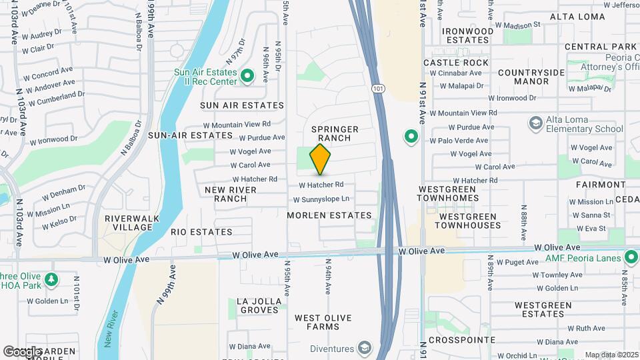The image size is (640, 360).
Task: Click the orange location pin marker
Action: (320, 159)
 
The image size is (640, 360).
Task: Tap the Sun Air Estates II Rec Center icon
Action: (247, 77)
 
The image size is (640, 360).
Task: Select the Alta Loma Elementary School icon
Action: (535, 123)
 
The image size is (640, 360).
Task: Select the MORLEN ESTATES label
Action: (329, 215)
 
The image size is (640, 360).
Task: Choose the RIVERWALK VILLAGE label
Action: (129, 223)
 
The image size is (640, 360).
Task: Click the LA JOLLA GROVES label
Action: (258, 305)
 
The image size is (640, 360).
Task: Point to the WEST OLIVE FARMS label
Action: (323, 322)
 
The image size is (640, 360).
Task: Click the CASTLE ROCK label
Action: (456, 62)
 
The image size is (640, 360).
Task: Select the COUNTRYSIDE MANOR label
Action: (523, 77)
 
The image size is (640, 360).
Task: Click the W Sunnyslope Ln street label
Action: (322, 199)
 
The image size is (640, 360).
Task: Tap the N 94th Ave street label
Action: (328, 277)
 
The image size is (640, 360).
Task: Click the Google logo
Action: (21, 351)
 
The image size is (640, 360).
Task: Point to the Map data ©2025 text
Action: (611, 355)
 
